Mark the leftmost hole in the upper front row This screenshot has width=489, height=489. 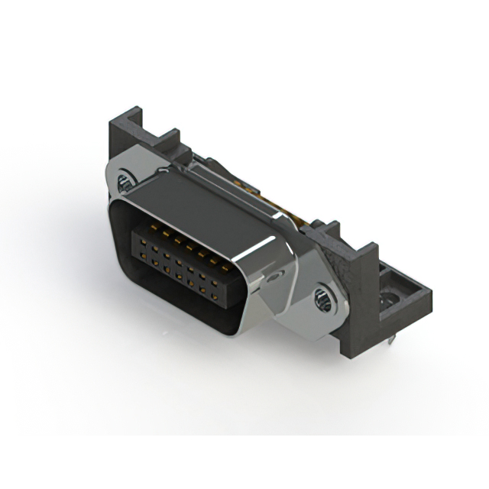point(134,241)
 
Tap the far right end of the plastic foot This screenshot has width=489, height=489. point(425,294)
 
